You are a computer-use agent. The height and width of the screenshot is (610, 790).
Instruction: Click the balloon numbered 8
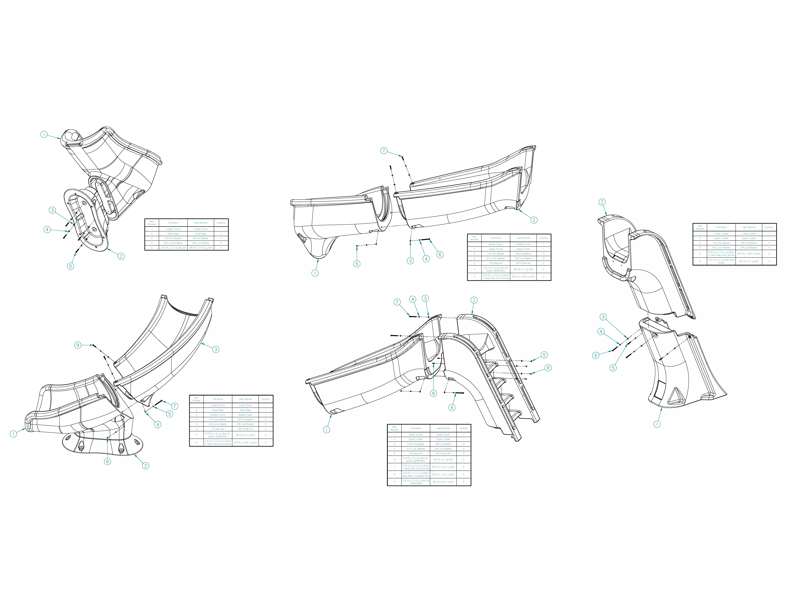433,393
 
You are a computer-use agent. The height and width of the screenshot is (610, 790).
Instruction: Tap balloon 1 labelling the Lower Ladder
657,424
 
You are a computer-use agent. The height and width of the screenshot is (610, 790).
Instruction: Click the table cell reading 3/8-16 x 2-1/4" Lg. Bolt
201,248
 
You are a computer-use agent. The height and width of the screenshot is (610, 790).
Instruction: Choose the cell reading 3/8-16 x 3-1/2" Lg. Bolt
443,467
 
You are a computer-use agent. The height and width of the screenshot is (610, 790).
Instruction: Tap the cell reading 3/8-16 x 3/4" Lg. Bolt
443,482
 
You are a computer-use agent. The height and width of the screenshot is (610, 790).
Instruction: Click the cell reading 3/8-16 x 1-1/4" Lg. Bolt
443,474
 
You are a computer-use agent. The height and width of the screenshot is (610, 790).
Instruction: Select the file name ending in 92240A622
416,482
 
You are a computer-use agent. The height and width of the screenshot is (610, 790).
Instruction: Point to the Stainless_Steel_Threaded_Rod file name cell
416,474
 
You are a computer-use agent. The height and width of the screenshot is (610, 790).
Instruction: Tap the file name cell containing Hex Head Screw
721,261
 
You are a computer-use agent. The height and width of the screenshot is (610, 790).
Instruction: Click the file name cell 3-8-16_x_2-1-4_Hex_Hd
173,248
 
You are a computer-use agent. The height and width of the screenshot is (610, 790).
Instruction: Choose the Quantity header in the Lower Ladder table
769,227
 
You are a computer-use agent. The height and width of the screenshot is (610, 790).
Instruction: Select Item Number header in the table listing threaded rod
394,428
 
